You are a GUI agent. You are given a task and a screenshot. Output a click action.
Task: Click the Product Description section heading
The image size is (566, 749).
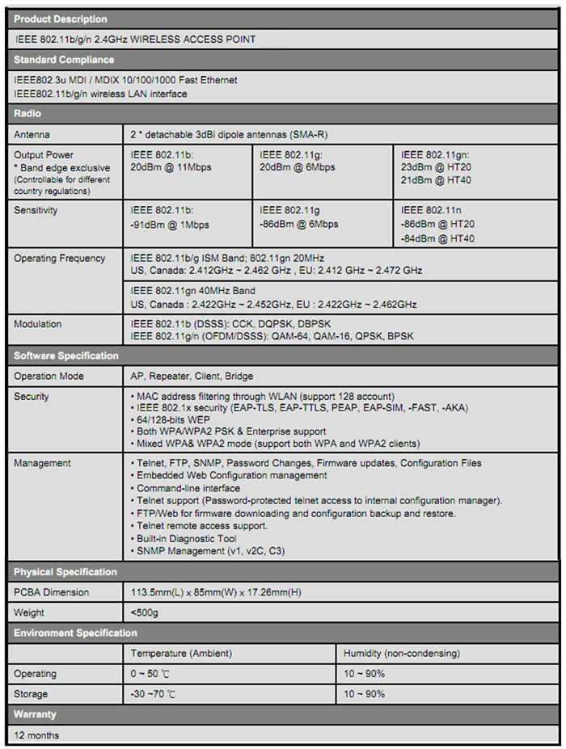click(x=61, y=19)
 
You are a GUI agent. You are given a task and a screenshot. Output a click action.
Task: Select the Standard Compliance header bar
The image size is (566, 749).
click(x=64, y=59)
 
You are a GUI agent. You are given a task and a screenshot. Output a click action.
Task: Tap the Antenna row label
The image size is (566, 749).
click(x=32, y=134)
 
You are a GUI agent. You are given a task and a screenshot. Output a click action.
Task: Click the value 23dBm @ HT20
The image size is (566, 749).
click(x=437, y=167)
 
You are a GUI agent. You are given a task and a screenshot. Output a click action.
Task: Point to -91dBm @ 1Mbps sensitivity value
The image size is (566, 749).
click(x=170, y=225)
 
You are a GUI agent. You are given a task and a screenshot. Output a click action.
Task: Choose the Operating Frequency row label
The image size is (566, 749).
click(x=60, y=259)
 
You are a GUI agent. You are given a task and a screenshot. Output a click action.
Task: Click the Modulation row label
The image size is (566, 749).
click(x=37, y=324)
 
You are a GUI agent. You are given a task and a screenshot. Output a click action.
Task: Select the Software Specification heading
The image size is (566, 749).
click(x=66, y=356)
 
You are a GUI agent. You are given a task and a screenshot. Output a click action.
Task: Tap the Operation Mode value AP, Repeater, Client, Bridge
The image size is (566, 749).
click(x=192, y=376)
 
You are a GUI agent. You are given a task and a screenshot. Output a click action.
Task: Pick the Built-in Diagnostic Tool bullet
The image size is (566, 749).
click(x=186, y=538)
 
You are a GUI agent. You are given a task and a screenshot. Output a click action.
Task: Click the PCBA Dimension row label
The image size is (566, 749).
click(x=52, y=592)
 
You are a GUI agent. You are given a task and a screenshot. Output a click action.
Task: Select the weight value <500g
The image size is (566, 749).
click(x=144, y=612)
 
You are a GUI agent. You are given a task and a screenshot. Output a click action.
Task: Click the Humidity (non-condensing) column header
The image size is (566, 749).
click(x=401, y=653)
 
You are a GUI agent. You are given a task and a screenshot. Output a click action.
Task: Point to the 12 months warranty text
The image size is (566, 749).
click(x=37, y=735)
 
